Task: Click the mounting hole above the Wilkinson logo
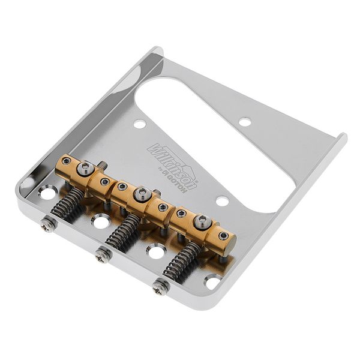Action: (x=139, y=124)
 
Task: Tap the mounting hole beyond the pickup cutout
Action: (x=245, y=122)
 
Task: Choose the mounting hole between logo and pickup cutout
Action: (x=222, y=200)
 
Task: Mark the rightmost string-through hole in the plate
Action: (x=212, y=280)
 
